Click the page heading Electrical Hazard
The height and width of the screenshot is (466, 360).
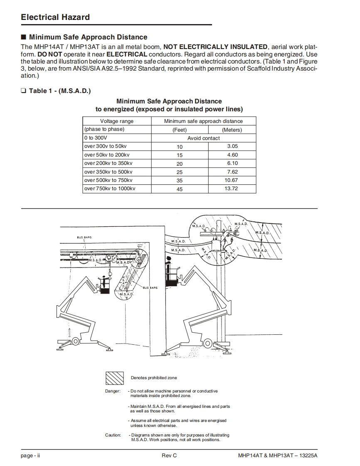point(55,17)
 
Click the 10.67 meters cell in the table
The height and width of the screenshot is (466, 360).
point(232,180)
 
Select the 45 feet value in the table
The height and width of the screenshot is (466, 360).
point(180,189)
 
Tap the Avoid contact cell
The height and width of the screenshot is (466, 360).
point(204,138)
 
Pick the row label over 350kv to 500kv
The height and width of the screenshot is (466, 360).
point(108,172)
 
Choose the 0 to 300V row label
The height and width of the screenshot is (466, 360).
point(96,138)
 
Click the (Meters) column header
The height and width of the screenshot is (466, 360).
point(232,130)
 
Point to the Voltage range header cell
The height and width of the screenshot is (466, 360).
point(117,121)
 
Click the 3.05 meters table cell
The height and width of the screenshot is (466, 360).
point(232,147)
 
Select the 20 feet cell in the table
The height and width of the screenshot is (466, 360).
point(180,164)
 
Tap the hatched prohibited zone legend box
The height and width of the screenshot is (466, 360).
point(114,378)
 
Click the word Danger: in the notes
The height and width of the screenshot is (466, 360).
point(113,391)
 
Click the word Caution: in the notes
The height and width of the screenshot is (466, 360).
point(113,435)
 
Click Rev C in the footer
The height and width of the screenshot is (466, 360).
point(169,455)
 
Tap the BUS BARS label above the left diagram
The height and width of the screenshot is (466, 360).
point(84,237)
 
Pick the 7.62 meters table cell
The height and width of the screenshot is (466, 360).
point(232,172)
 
